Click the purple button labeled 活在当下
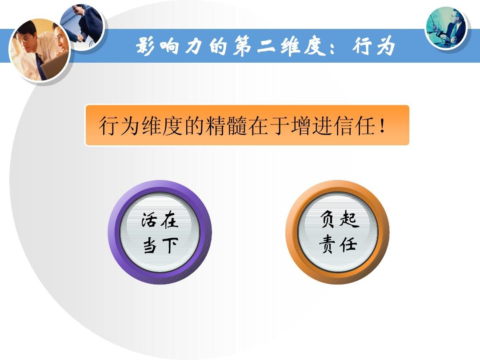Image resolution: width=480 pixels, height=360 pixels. click(160, 232)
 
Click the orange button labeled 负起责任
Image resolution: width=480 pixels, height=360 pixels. click(337, 232)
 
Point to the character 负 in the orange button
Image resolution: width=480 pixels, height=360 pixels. click(328, 220)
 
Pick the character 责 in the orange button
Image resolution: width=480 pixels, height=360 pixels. click(328, 244)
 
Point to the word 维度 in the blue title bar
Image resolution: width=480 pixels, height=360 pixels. click(301, 46)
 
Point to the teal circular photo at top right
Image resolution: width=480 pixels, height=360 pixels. click(446, 28)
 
